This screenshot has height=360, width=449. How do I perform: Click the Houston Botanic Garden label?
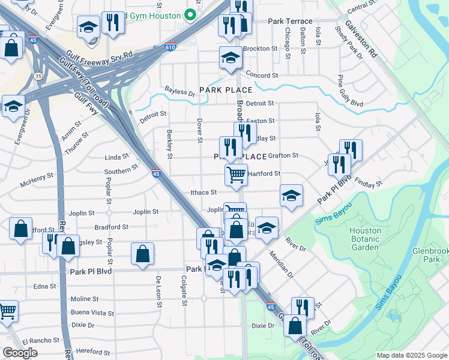click(x=365, y=239)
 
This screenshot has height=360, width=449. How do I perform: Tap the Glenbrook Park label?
click(x=427, y=256)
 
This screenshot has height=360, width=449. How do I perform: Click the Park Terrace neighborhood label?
click(x=291, y=21)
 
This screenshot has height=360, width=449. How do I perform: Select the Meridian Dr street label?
click(x=282, y=264)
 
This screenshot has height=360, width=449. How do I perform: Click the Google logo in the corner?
click(x=20, y=353)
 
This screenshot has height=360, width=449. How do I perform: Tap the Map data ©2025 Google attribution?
click(x=411, y=355)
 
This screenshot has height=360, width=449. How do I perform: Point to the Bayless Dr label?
click(x=179, y=94)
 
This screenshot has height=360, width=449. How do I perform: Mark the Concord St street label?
click(x=262, y=76)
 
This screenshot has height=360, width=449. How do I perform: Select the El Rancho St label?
click(x=41, y=340)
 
